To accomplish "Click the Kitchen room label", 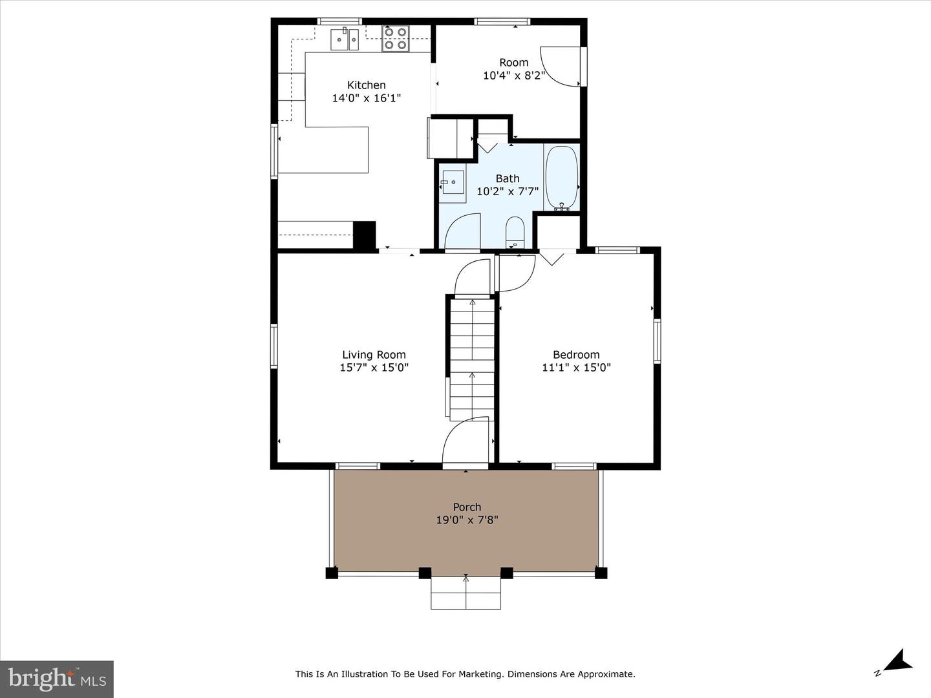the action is coord(367,85).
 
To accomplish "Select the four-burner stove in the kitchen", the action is coord(395,39).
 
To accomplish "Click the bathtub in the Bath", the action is coord(562,178).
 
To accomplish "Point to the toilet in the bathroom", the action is coord(515,232).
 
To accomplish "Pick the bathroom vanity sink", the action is coord(453,182).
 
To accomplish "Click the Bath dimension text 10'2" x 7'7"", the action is coord(508,191).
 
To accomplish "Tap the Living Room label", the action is coord(374,355).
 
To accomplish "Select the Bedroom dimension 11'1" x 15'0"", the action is coord(576,368).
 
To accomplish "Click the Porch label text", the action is coord(467,507).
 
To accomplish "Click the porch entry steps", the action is coord(465,593).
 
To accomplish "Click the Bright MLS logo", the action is coord(57,679).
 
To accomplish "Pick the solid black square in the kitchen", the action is coord(365,235).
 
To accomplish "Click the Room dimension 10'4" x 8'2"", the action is coord(513,76).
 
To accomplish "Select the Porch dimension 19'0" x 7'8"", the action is coord(467,520).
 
